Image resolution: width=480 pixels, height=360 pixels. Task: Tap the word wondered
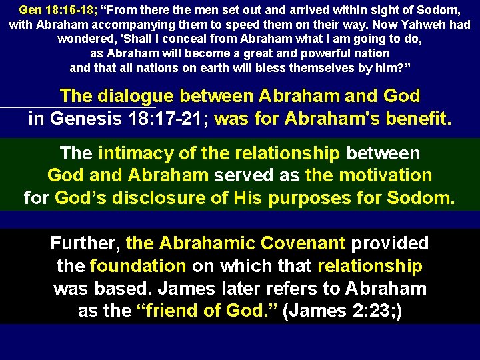(85, 39)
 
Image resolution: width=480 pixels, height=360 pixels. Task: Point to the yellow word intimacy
(135, 153)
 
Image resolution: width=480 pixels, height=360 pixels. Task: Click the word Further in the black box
(85, 243)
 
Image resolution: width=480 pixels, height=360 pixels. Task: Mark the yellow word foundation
(137, 267)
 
